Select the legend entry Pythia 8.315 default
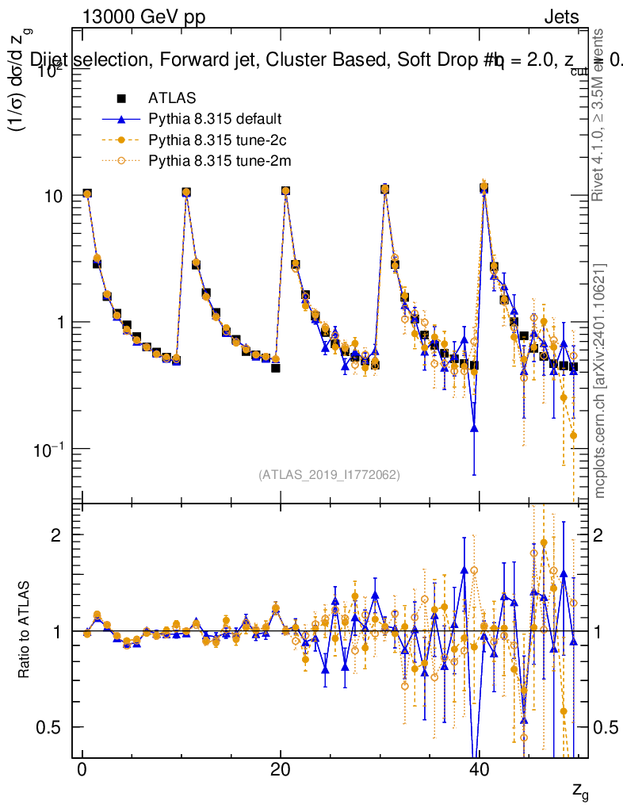point(214,120)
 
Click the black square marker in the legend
point(121,99)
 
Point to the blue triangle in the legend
point(121,120)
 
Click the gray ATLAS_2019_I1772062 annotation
point(329,475)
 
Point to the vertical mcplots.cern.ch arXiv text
point(600,381)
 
